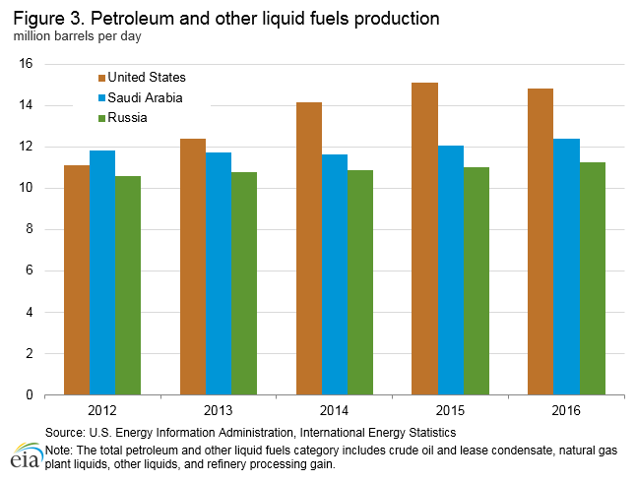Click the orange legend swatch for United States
click(x=100, y=78)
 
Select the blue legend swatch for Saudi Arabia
click(x=100, y=98)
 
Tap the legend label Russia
click(x=129, y=118)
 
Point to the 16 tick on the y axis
click(x=27, y=64)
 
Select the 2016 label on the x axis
click(x=566, y=410)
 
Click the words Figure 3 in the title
click(x=43, y=19)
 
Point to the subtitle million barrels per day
click(x=75, y=37)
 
